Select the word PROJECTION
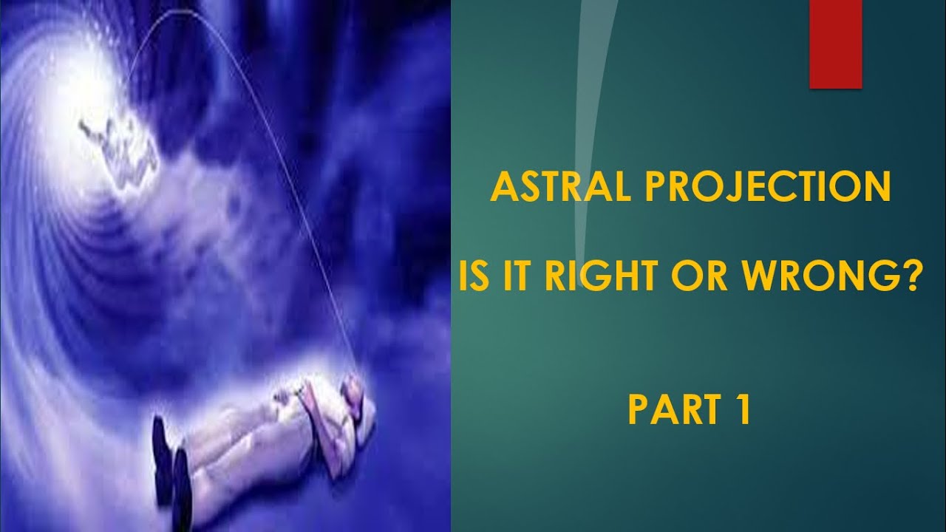click(x=768, y=189)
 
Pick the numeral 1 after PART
click(x=743, y=411)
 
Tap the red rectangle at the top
click(x=836, y=44)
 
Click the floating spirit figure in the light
click(x=118, y=144)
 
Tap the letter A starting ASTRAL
click(x=503, y=189)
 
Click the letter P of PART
click(x=638, y=411)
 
